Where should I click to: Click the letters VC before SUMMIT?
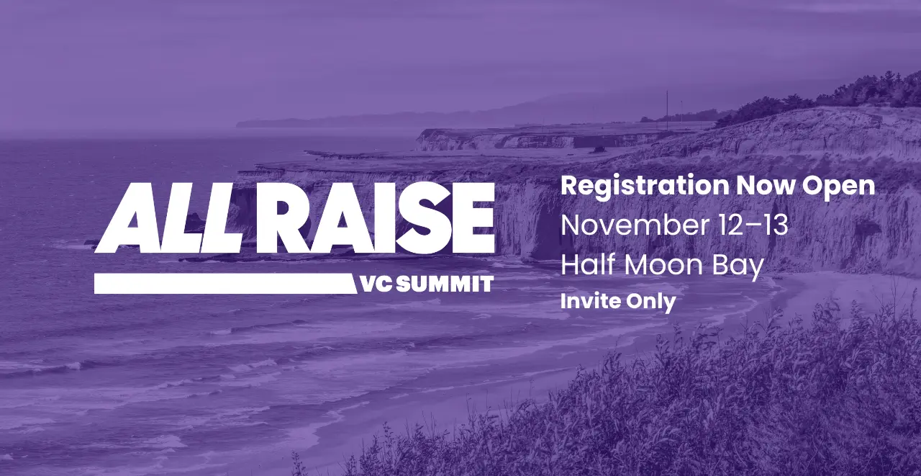(377, 284)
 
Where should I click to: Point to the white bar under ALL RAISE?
(225, 284)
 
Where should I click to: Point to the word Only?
(651, 302)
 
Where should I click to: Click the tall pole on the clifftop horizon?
(667, 106)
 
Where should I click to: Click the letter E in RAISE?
(474, 218)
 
